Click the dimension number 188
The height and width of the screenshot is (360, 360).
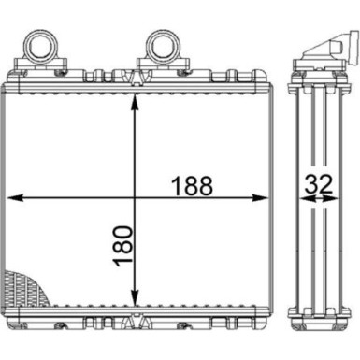(193, 184)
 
